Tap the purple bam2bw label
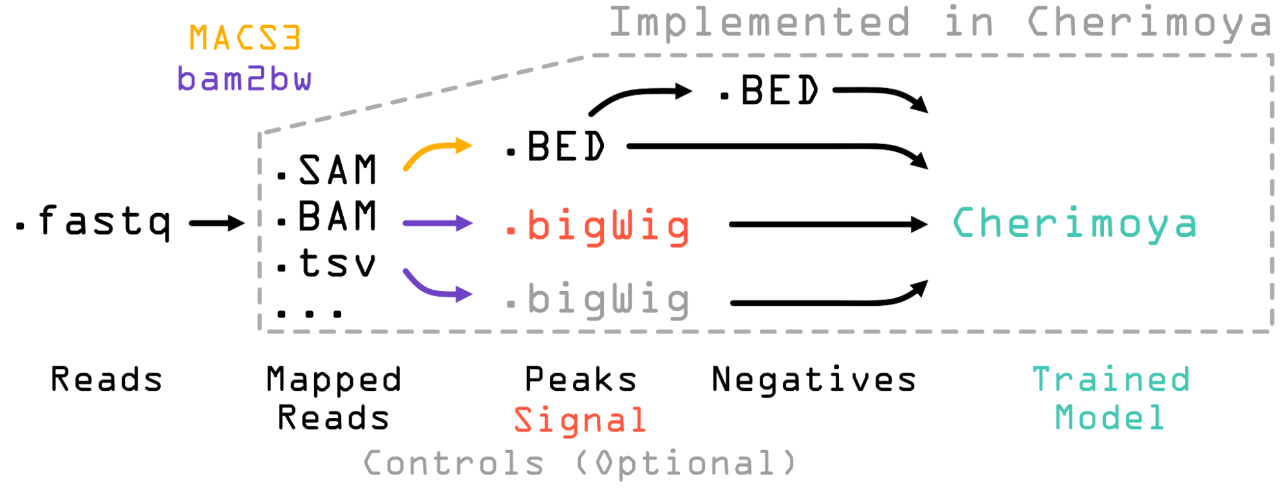(x=245, y=79)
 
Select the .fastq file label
(x=93, y=222)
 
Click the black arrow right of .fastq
(x=217, y=223)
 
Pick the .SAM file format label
(x=326, y=170)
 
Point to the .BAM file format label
(x=326, y=216)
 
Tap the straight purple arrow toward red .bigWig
(x=438, y=223)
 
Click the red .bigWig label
(x=598, y=227)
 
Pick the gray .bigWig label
(x=598, y=301)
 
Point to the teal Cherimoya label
(x=1075, y=223)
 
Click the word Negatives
(x=814, y=379)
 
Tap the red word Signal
(x=580, y=421)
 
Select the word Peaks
(x=581, y=379)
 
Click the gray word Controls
(x=454, y=464)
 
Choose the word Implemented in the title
(x=760, y=23)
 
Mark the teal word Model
(x=1110, y=418)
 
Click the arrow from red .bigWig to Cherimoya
(x=829, y=225)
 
